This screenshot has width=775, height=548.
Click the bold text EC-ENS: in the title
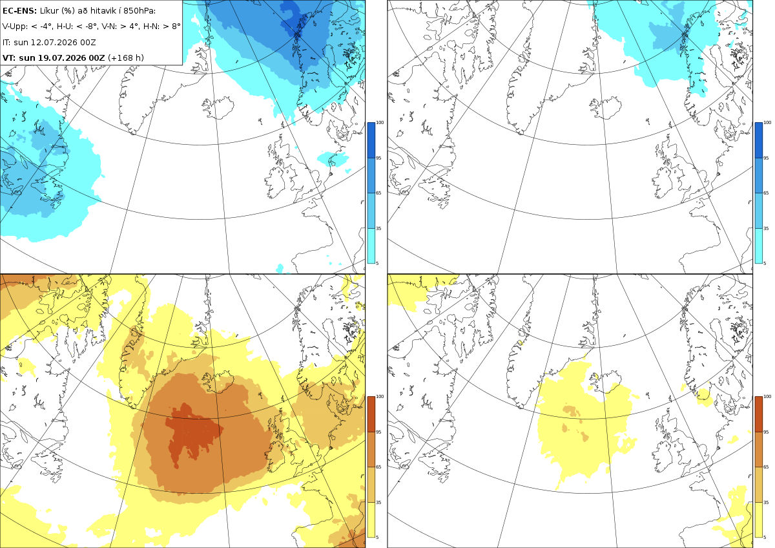point(19,11)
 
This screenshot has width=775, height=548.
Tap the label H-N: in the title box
point(150,26)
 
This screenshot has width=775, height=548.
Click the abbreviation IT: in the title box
point(6,43)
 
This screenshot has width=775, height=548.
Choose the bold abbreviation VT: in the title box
point(9,58)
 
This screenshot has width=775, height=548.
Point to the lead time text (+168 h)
point(126,58)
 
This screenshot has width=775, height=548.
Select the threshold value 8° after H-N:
point(176,26)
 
